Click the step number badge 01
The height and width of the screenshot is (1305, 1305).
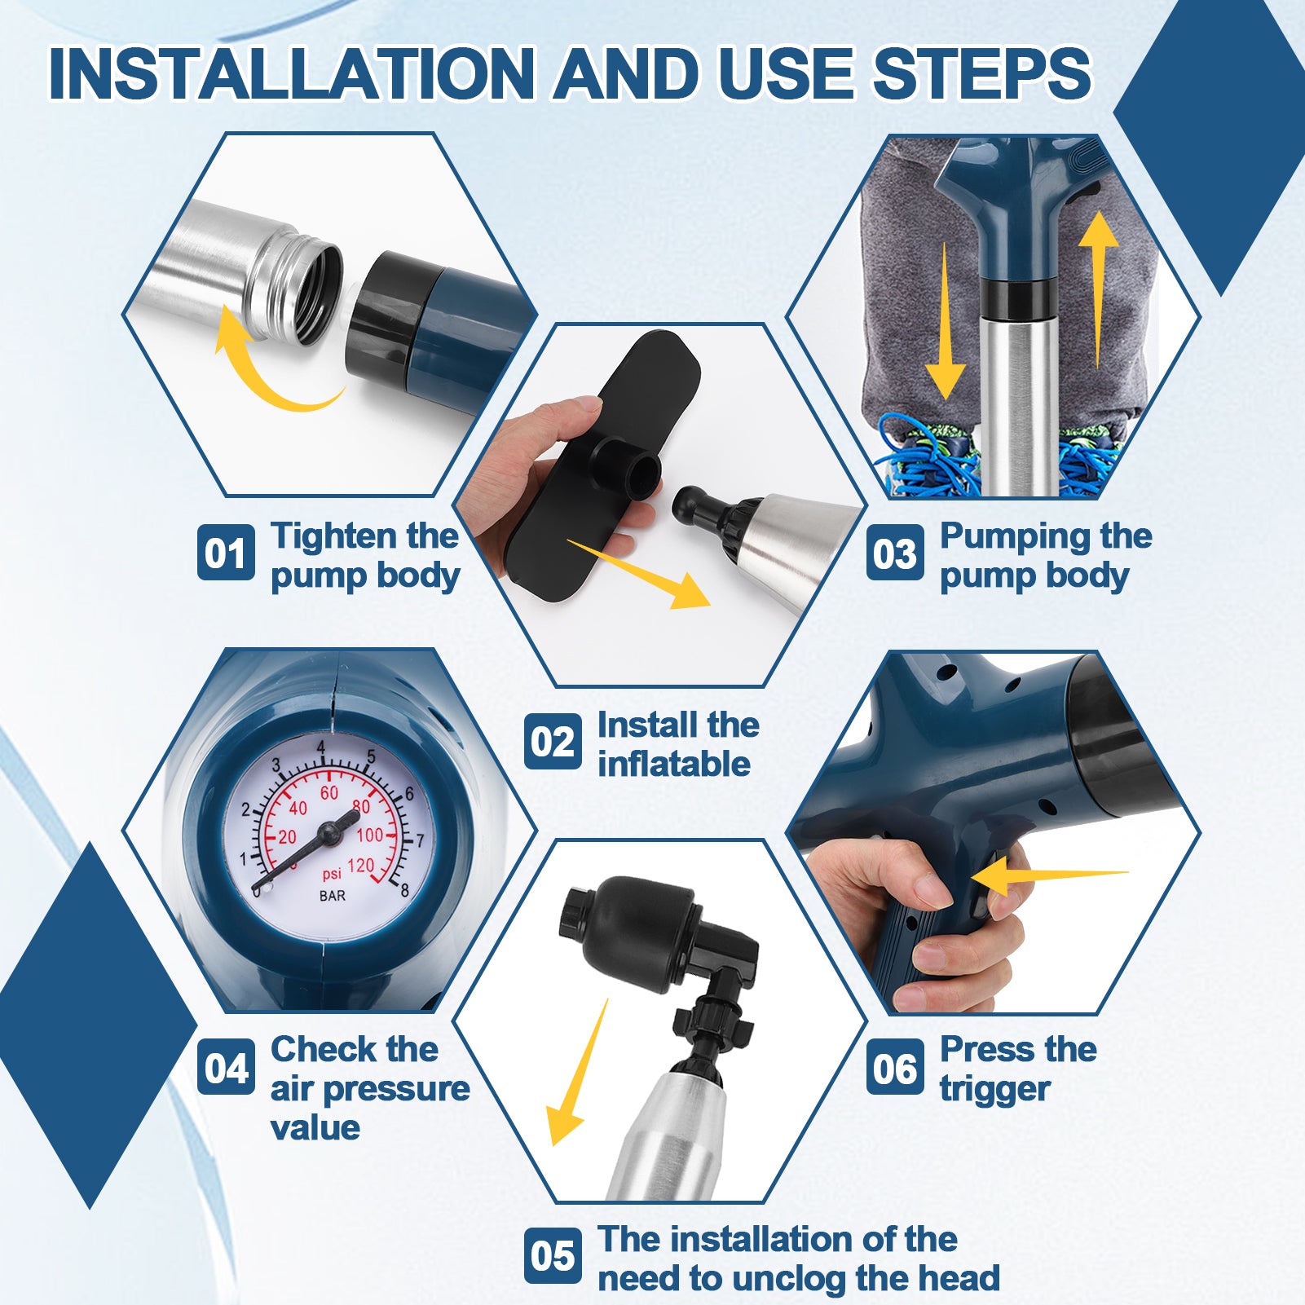[226, 553]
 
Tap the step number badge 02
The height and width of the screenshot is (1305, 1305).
[553, 741]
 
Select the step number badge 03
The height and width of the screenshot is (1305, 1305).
[895, 553]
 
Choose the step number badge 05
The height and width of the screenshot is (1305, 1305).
[553, 1255]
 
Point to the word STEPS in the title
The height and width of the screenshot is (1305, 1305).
[982, 73]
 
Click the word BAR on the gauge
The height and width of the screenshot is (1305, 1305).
[332, 896]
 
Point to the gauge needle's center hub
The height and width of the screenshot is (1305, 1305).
[328, 833]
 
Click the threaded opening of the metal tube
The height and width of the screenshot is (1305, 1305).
[306, 289]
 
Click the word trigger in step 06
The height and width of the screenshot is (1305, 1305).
[995, 1090]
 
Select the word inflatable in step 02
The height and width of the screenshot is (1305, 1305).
[674, 764]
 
